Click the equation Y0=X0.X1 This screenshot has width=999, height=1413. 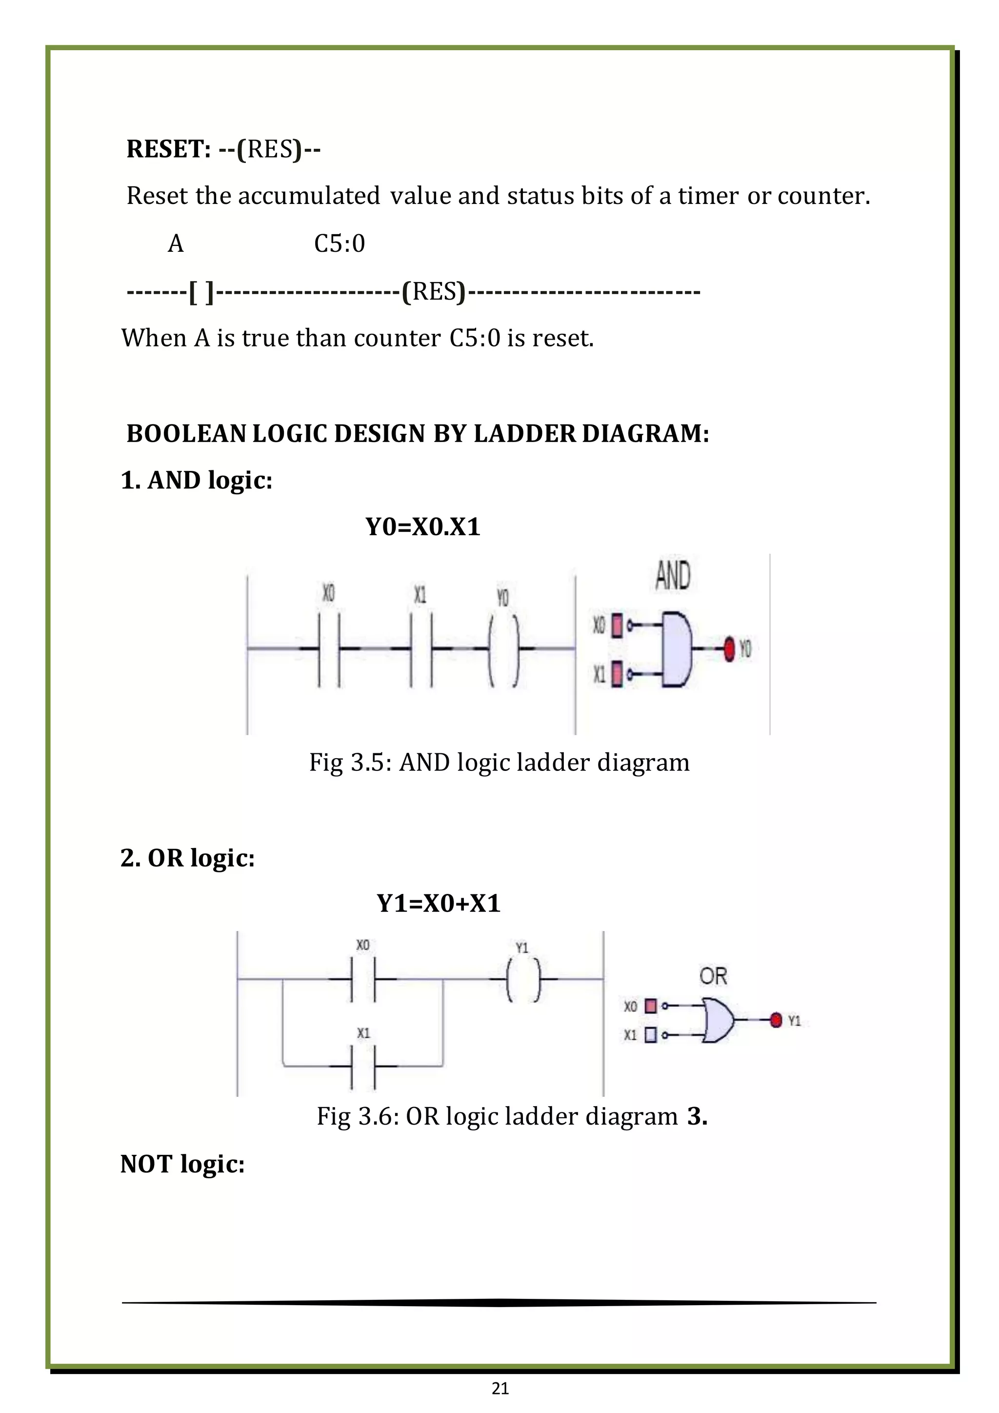point(422,527)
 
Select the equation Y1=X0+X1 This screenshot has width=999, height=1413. point(438,904)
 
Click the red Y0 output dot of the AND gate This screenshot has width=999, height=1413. point(730,649)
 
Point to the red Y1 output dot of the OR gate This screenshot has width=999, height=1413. point(776,1020)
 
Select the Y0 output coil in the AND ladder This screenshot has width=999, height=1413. point(504,649)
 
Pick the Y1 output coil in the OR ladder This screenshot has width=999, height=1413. point(523,979)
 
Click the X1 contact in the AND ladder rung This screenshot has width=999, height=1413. point(421,649)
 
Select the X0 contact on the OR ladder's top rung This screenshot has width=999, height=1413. point(363,979)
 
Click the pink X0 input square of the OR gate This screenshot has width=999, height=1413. point(651,1006)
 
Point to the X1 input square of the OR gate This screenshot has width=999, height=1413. point(651,1035)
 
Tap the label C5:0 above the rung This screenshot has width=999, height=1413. point(340,243)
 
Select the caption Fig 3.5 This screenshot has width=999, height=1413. point(499,763)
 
